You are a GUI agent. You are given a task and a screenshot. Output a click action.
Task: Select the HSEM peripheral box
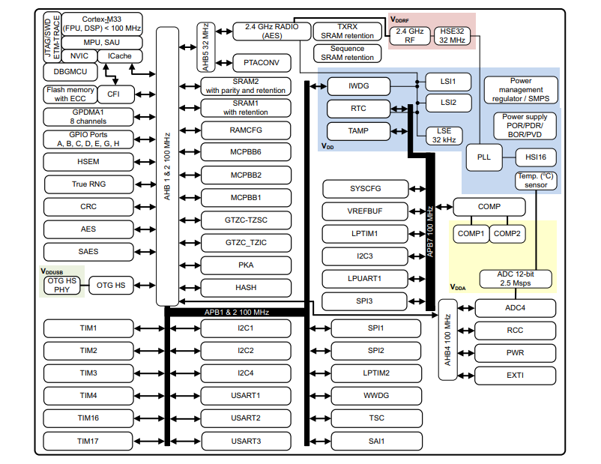tap(88, 162)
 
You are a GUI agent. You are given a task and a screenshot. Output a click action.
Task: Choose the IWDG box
tap(359, 85)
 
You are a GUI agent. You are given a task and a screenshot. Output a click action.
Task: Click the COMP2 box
tap(507, 234)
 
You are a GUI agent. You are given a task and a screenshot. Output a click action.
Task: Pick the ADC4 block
tap(515, 307)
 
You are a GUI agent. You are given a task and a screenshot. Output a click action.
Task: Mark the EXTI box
tap(515, 375)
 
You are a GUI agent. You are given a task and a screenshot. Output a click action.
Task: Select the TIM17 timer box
tap(88, 441)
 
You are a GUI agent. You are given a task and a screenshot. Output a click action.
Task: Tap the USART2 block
tap(247, 418)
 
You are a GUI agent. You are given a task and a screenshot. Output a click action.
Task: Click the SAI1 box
tap(376, 441)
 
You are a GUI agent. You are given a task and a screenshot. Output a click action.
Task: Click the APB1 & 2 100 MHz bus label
tap(238, 312)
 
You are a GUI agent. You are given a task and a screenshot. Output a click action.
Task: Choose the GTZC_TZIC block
tap(247, 242)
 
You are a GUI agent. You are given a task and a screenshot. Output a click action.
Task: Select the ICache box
tap(121, 55)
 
